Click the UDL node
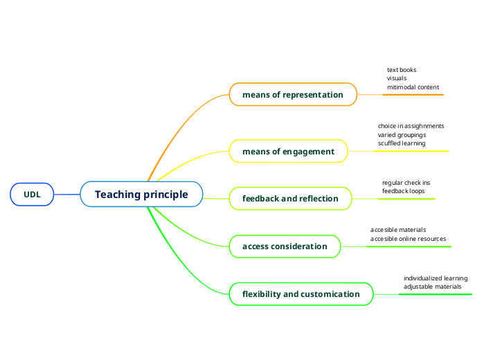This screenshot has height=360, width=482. pyautogui.click(x=32, y=195)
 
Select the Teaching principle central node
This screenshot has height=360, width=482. pyautogui.click(x=141, y=195)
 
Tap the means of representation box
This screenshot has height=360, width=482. pyautogui.click(x=293, y=94)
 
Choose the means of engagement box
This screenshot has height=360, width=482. pyautogui.click(x=288, y=151)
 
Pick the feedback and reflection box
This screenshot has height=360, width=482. pyautogui.click(x=290, y=198)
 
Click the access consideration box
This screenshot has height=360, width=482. pyautogui.click(x=285, y=246)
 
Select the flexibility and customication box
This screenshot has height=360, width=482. pyautogui.click(x=301, y=294)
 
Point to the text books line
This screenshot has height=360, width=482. pyautogui.click(x=402, y=70)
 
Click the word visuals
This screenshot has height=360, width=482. pyautogui.click(x=397, y=78)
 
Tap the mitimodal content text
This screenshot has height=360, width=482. pyautogui.click(x=413, y=87)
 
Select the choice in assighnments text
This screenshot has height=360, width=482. pyautogui.click(x=411, y=126)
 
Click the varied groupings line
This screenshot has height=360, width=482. pyautogui.click(x=402, y=134)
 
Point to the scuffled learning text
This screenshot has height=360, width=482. pyautogui.click(x=402, y=143)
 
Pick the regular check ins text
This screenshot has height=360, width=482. pyautogui.click(x=406, y=183)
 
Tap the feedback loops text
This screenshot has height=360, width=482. pyautogui.click(x=404, y=190)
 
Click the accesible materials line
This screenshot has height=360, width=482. pyautogui.click(x=398, y=229)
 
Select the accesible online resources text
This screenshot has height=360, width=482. pyautogui.click(x=408, y=238)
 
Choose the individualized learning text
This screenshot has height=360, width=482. pyautogui.click(x=436, y=278)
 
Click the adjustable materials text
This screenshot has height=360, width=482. pyautogui.click(x=432, y=286)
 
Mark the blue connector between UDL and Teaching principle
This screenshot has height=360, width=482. pyautogui.click(x=66, y=195)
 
